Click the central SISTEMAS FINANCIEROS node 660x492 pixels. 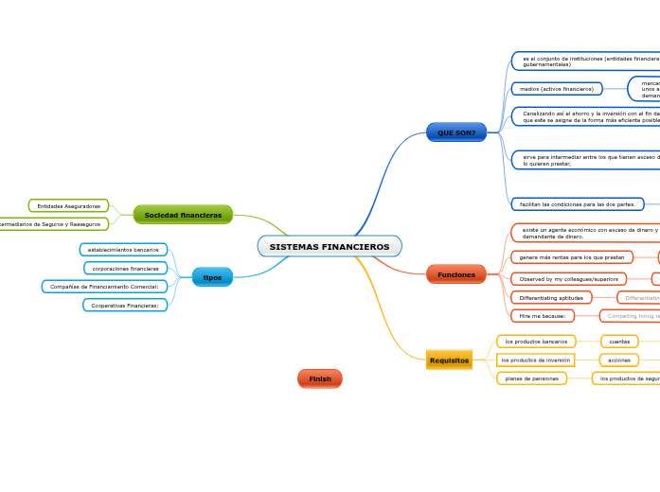(330, 247)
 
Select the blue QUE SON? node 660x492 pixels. (456, 132)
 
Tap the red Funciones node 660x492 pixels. (456, 274)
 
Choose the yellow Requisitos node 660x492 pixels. (449, 360)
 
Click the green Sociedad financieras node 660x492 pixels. (183, 215)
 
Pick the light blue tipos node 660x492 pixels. (212, 277)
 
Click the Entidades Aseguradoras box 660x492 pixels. (69, 206)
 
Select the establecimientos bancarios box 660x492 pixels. (123, 250)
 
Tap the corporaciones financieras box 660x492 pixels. (125, 269)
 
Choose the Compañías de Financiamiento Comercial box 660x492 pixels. (104, 286)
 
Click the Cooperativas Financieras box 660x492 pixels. (125, 306)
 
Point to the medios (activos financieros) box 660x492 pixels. (557, 89)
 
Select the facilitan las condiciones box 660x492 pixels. (578, 204)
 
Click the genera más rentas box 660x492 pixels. (572, 257)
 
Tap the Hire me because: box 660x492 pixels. (543, 316)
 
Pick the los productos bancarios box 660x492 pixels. (536, 342)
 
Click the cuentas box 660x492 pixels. (619, 342)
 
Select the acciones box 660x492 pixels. (619, 360)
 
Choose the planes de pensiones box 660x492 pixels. (531, 378)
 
